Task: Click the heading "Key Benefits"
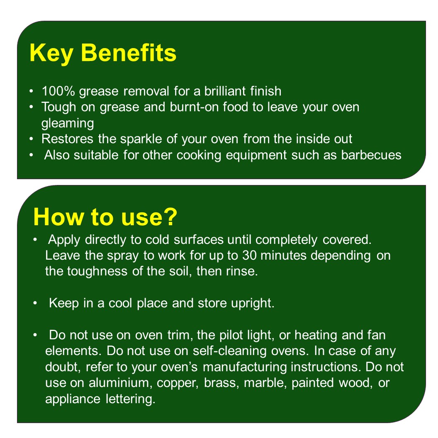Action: (103, 54)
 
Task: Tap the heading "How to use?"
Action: (105, 217)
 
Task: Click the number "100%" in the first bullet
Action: (58, 91)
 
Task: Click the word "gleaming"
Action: (68, 124)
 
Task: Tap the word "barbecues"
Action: (371, 155)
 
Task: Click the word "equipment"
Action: (256, 155)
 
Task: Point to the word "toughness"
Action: (97, 271)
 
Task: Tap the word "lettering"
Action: (131, 399)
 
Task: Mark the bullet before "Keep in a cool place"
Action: (35, 303)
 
